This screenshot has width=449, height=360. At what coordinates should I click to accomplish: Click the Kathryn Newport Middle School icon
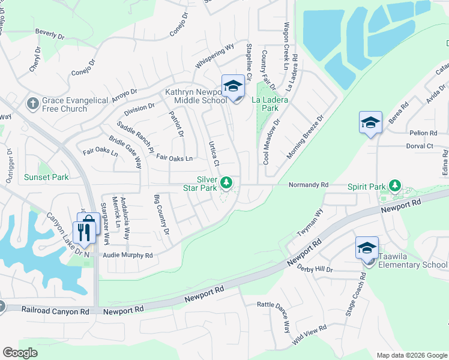click(x=233, y=86)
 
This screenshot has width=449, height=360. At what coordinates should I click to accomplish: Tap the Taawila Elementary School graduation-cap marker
click(x=367, y=247)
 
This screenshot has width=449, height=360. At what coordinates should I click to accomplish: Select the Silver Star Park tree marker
click(x=226, y=182)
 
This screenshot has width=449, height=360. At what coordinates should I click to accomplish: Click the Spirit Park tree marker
click(x=394, y=185)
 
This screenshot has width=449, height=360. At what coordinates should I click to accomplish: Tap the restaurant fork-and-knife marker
click(x=84, y=232)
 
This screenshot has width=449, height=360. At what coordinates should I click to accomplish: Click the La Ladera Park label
click(x=273, y=103)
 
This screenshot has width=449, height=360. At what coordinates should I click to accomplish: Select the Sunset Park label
click(x=46, y=177)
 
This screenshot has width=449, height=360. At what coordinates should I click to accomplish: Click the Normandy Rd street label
click(x=309, y=185)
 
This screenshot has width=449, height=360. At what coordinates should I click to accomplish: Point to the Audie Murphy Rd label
click(x=129, y=255)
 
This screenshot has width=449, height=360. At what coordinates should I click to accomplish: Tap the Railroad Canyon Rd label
click(x=55, y=311)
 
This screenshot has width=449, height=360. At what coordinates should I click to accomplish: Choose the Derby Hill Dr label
click(x=315, y=268)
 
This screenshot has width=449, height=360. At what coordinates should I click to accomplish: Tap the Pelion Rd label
click(x=424, y=133)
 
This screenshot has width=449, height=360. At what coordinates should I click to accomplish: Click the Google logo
click(x=20, y=352)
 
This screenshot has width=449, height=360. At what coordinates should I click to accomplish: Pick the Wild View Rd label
click(x=309, y=335)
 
